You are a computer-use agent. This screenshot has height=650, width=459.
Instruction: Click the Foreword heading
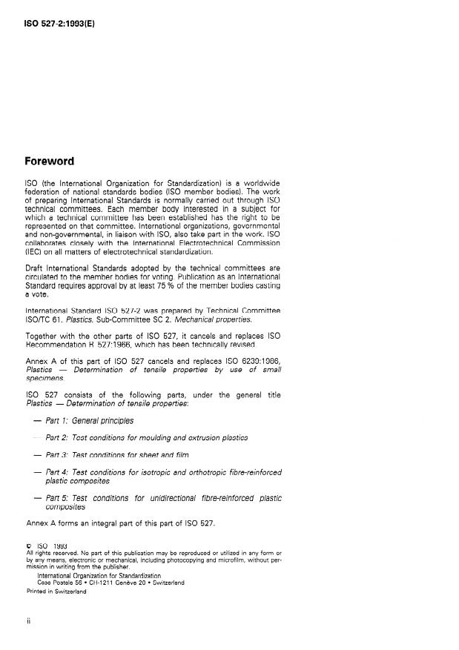click(50, 160)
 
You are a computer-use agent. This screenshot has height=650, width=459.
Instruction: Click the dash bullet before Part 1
click(36, 421)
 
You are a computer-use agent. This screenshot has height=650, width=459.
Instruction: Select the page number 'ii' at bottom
click(28, 622)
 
